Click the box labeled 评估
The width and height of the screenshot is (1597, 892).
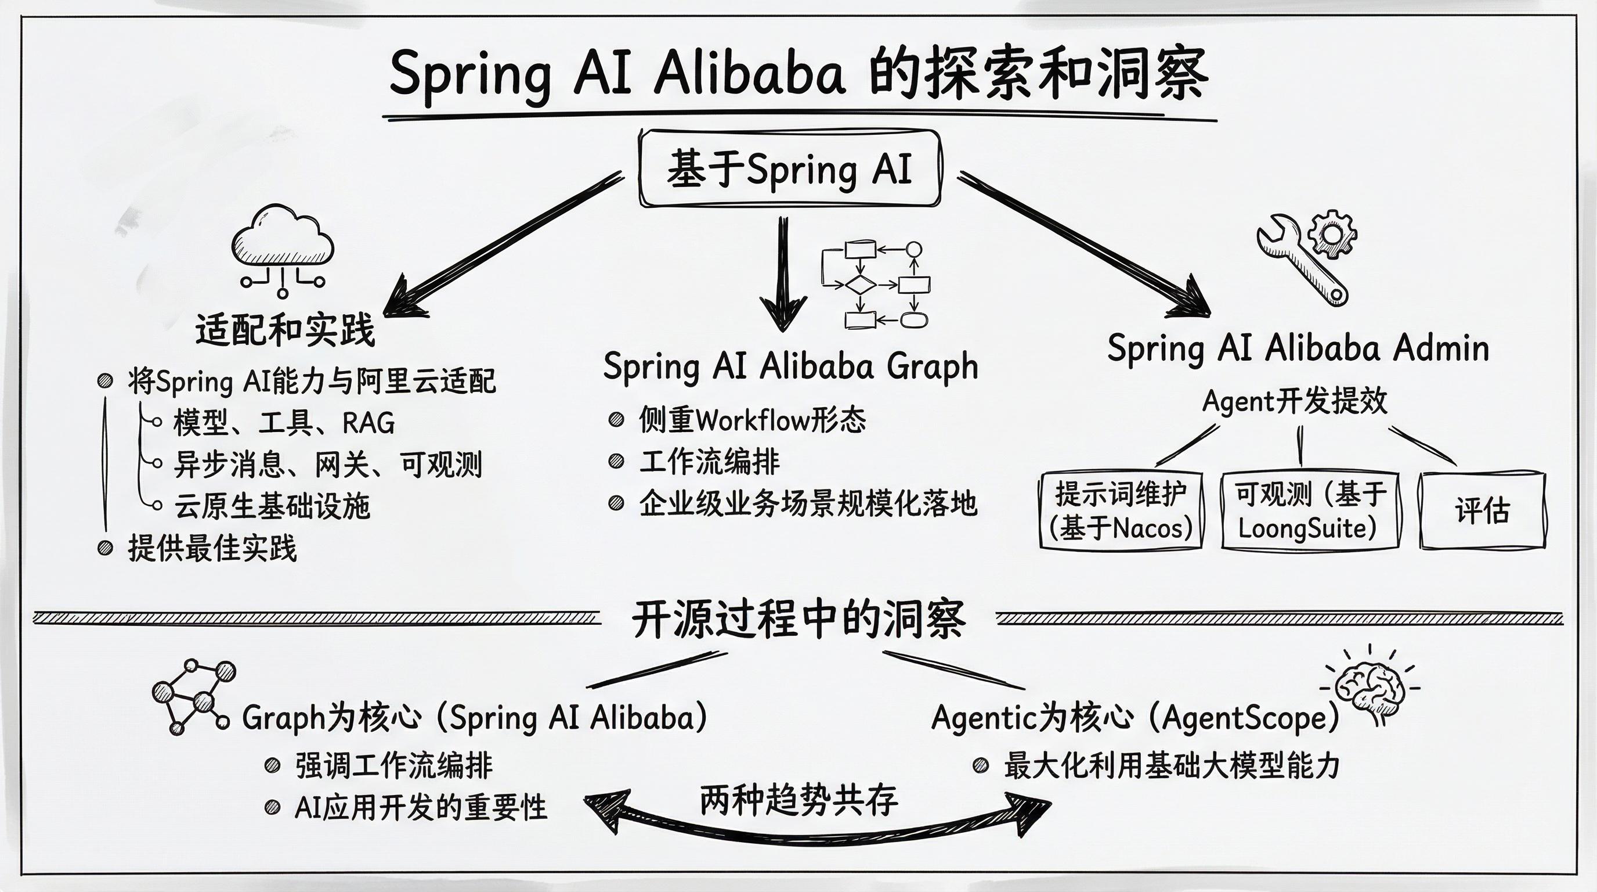[x=1482, y=511]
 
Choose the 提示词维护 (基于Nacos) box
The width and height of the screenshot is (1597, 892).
[x=1121, y=511]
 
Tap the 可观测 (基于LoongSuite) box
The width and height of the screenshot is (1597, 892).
[x=1310, y=511]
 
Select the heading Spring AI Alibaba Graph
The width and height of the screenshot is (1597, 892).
[x=790, y=366]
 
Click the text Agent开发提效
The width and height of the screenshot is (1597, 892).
[x=1295, y=401]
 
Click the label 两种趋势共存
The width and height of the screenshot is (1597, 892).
[x=798, y=800]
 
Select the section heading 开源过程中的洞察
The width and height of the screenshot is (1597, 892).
[x=798, y=620]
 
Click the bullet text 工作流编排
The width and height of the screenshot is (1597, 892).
[x=709, y=462]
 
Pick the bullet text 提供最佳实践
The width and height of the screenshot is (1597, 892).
[x=212, y=548]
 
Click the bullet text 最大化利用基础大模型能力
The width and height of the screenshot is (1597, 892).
[x=1171, y=766]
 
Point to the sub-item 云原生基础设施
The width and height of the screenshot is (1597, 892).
[x=272, y=506]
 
